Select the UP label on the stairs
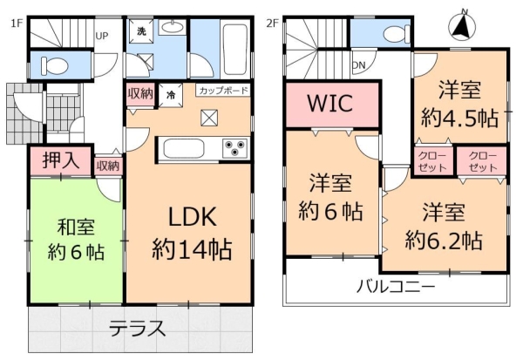point(101,36)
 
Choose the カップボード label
point(223,91)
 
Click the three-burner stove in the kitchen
point(234,148)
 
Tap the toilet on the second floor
point(388,33)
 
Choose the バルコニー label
point(397,285)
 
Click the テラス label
point(138,329)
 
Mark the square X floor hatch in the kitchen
point(209,119)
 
